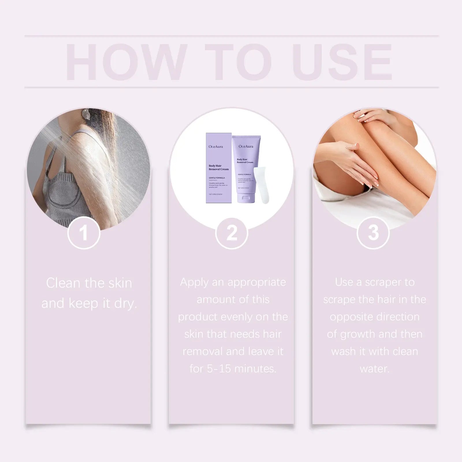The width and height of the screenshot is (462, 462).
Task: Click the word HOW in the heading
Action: click(x=125, y=62)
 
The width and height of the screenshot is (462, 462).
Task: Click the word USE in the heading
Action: click(x=344, y=62)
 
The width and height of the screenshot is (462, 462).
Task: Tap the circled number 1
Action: click(x=83, y=232)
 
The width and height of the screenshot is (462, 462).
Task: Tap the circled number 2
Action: click(x=232, y=232)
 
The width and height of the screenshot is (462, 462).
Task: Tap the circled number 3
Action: click(x=373, y=232)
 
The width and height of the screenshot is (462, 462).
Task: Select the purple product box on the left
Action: click(x=219, y=168)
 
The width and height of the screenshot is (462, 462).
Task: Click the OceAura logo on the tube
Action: click(x=246, y=146)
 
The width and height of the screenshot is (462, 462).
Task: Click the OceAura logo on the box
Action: click(x=216, y=147)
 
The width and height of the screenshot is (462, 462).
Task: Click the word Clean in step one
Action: click(x=63, y=283)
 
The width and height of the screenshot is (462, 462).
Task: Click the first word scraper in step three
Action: click(x=383, y=282)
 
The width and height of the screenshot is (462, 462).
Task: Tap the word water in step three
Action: click(x=374, y=369)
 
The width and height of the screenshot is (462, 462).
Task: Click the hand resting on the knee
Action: click(x=367, y=115)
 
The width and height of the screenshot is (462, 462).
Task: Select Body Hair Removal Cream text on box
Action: click(x=219, y=167)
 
